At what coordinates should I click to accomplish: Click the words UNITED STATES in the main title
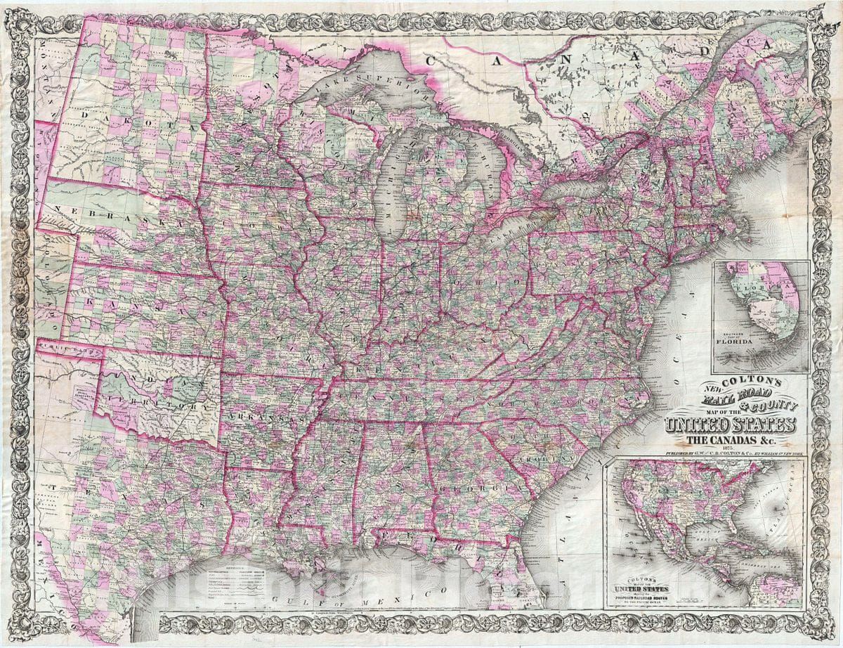[x=731, y=425]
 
